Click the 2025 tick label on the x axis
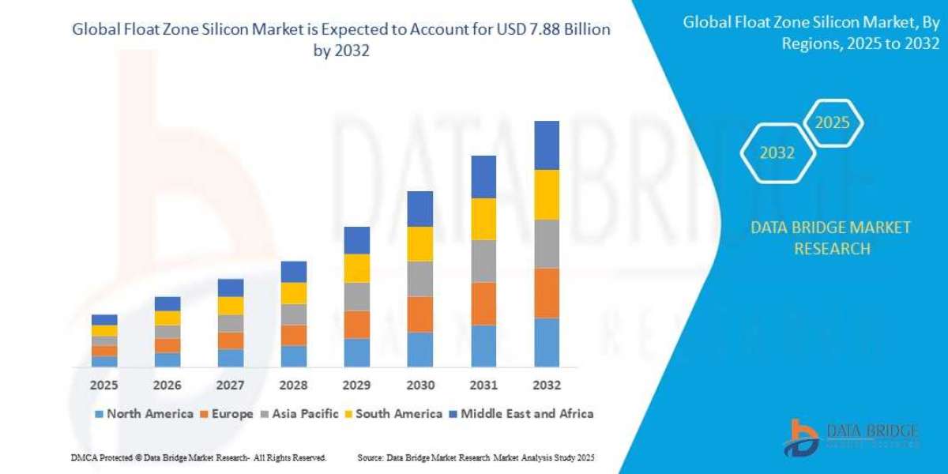pyautogui.click(x=104, y=386)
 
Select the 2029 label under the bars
pyautogui.click(x=357, y=386)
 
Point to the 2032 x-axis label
pyautogui.click(x=547, y=386)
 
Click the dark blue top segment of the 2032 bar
pyautogui.click(x=547, y=145)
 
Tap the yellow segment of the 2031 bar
pyautogui.click(x=483, y=219)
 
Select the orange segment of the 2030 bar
pyautogui.click(x=420, y=314)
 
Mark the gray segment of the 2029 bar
pyautogui.click(x=357, y=296)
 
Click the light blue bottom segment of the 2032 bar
pyautogui.click(x=547, y=343)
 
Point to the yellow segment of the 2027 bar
pyautogui.click(x=231, y=306)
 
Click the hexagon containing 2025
pyautogui.click(x=832, y=123)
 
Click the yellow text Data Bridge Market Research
pyautogui.click(x=831, y=238)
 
